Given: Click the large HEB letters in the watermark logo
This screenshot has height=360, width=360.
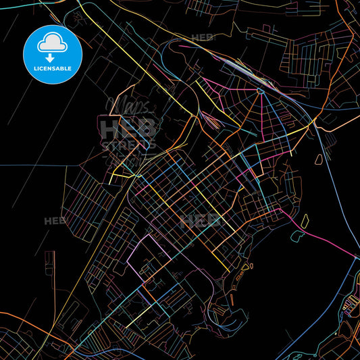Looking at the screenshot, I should (128, 127).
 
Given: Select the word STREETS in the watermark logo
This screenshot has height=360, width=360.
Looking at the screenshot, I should (128, 145).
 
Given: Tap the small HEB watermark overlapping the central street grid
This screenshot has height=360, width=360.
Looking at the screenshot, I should (200, 221).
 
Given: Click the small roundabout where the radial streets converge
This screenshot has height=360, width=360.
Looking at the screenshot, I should (258, 91).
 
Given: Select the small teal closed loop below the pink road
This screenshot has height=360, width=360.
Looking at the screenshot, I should (298, 236).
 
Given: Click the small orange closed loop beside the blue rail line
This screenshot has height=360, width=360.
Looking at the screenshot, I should (317, 160).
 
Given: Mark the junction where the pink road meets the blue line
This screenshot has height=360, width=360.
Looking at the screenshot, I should (355, 255).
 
